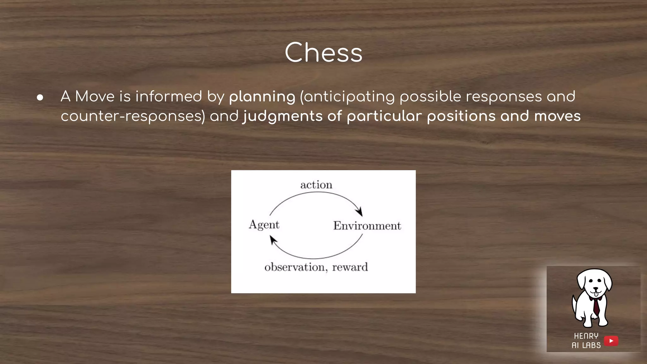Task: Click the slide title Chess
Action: tap(323, 52)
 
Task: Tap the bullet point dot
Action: tap(40, 97)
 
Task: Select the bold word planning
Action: tap(262, 97)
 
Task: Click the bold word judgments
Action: tap(282, 116)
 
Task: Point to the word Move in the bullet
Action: tap(95, 96)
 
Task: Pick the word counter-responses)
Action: tap(133, 116)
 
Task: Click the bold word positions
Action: tap(461, 116)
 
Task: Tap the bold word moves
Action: tap(557, 116)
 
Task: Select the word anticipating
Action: tap(349, 97)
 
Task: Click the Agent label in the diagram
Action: tap(264, 225)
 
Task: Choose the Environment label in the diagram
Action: tap(367, 226)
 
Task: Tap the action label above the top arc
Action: tap(316, 185)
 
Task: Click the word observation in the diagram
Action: tap(295, 267)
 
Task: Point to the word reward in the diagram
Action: tap(350, 267)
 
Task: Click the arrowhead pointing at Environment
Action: tap(359, 212)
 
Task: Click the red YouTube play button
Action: tap(611, 341)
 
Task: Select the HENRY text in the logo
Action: tap(586, 336)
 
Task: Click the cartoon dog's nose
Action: tap(595, 288)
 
